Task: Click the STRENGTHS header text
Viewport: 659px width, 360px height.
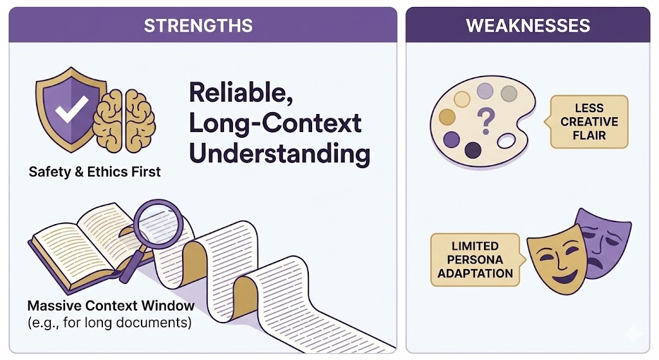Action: pos(198,26)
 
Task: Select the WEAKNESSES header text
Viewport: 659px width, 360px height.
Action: pos(528,26)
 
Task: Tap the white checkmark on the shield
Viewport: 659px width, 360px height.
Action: pos(72,109)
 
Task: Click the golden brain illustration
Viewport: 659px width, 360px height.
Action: pos(124,120)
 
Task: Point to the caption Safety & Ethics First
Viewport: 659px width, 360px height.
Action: pos(95,171)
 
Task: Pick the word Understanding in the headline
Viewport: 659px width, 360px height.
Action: pos(279,153)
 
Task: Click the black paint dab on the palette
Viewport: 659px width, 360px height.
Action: pos(473,149)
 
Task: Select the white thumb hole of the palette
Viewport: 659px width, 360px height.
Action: pos(506,141)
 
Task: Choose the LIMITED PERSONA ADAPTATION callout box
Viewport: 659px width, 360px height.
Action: pos(477,260)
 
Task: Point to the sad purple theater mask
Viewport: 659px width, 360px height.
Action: pos(605,244)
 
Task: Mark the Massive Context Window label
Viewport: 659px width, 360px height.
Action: pos(111,305)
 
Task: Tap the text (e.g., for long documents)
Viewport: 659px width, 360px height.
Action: pos(109,323)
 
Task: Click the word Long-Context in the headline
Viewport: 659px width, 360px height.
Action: pos(275,123)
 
